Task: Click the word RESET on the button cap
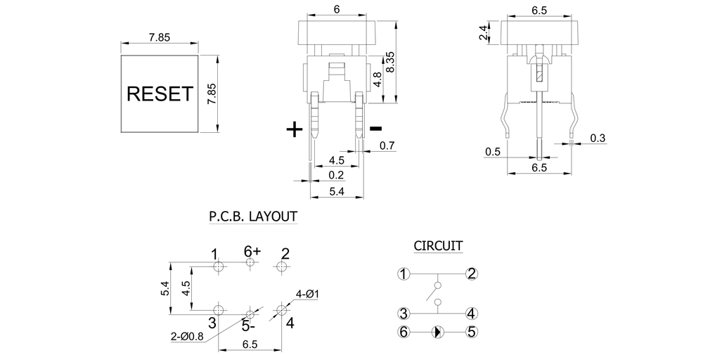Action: (x=158, y=94)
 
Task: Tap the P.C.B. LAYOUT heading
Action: (x=252, y=217)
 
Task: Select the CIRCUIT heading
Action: (x=437, y=245)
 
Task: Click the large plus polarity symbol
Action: (x=295, y=129)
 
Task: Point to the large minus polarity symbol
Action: (x=375, y=128)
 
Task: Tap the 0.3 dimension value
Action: (x=598, y=138)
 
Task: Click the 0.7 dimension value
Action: (x=387, y=146)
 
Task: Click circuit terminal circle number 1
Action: (x=404, y=274)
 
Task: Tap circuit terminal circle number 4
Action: (x=472, y=314)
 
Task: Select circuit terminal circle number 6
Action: (x=404, y=331)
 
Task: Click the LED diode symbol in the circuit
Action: (x=437, y=331)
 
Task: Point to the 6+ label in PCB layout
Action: (x=252, y=251)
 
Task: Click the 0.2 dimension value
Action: (x=337, y=175)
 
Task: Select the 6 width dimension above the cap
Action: (x=337, y=10)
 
